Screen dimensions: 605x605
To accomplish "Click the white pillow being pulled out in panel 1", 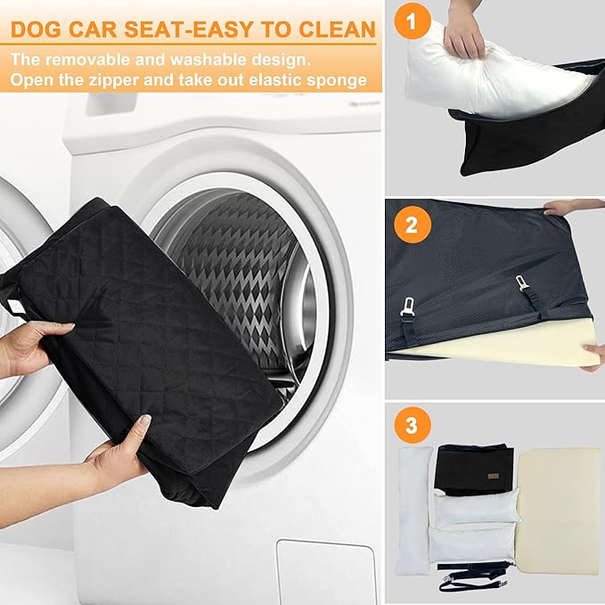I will coord(499,80).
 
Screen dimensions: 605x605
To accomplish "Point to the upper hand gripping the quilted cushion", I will coord(31,343).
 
